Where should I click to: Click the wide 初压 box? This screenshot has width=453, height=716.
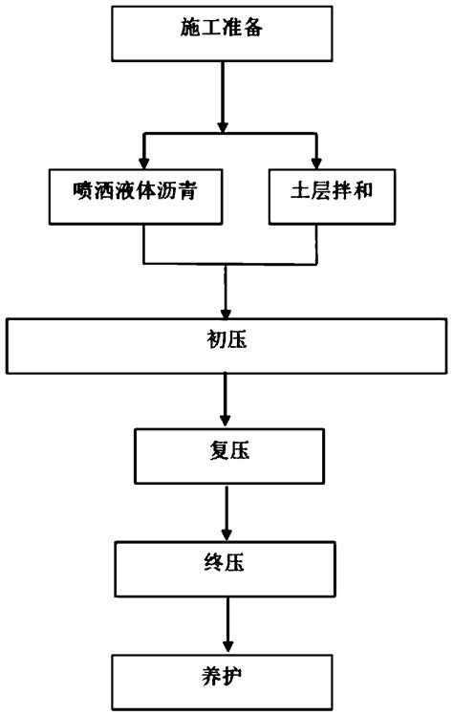pos(226,345)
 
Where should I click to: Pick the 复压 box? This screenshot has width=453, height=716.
pos(226,454)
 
